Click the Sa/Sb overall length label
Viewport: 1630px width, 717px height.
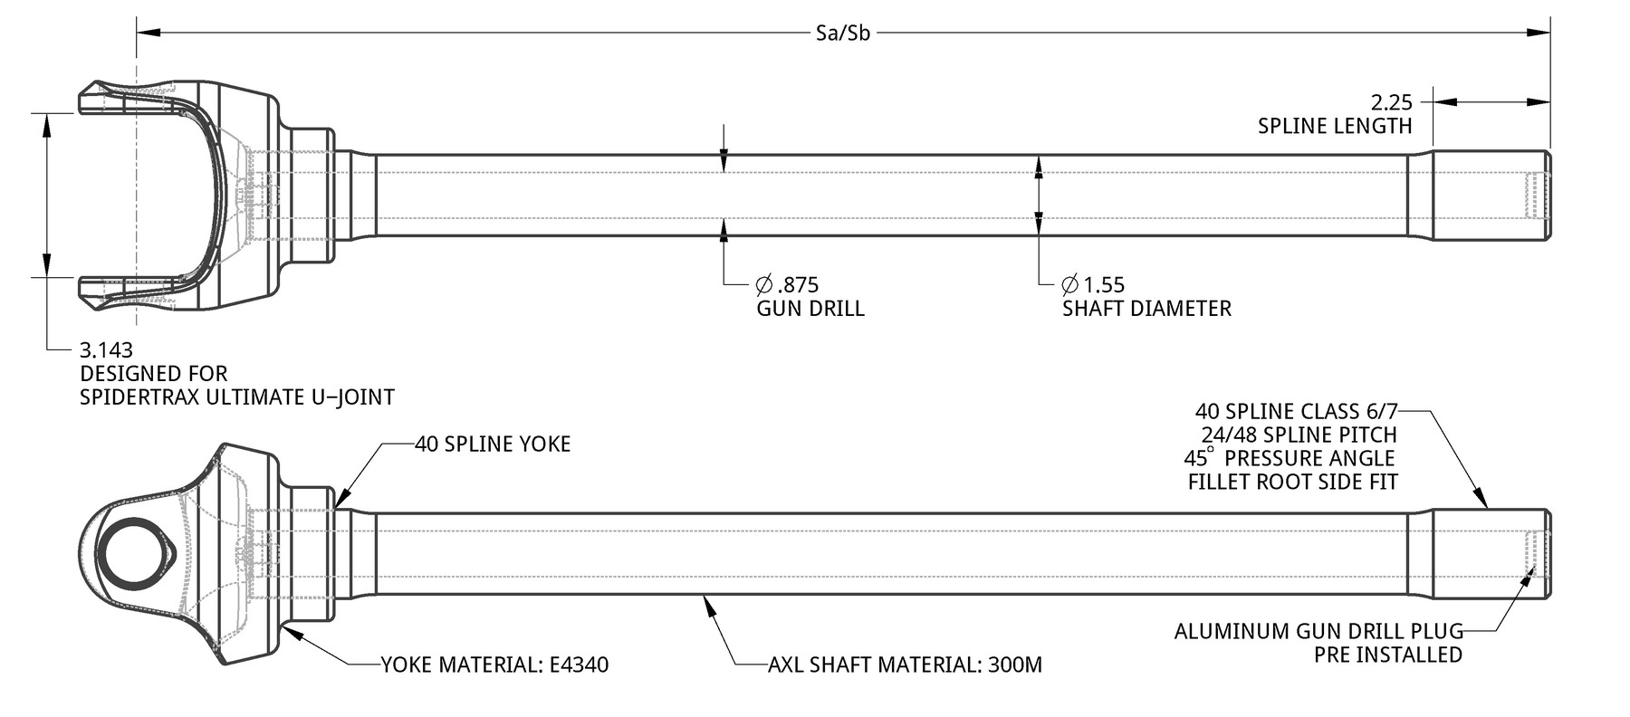[x=842, y=34]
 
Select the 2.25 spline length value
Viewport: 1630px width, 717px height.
[x=1391, y=102]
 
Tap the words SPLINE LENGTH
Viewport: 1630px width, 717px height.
[x=1335, y=126]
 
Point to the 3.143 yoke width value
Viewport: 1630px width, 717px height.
[x=107, y=349]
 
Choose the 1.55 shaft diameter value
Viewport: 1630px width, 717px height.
[x=1094, y=285]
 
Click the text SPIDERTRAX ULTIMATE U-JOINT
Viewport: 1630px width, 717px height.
[x=237, y=397]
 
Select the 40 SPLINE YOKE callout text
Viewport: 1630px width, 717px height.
[x=493, y=444]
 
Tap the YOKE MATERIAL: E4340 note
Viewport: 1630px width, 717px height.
[x=494, y=665]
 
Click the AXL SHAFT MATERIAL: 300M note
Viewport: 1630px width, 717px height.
[x=905, y=665]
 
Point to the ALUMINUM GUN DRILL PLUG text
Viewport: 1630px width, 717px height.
[x=1318, y=631]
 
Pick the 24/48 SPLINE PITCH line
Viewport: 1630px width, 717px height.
[x=1299, y=435]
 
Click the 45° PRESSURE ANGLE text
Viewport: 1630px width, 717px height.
[x=1290, y=458]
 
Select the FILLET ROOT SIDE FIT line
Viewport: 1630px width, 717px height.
[x=1293, y=482]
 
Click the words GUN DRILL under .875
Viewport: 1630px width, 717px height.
[x=810, y=309]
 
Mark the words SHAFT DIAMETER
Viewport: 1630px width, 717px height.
[x=1146, y=309]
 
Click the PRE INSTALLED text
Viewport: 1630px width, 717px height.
[x=1388, y=655]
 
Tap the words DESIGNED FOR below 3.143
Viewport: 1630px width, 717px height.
[x=154, y=373]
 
